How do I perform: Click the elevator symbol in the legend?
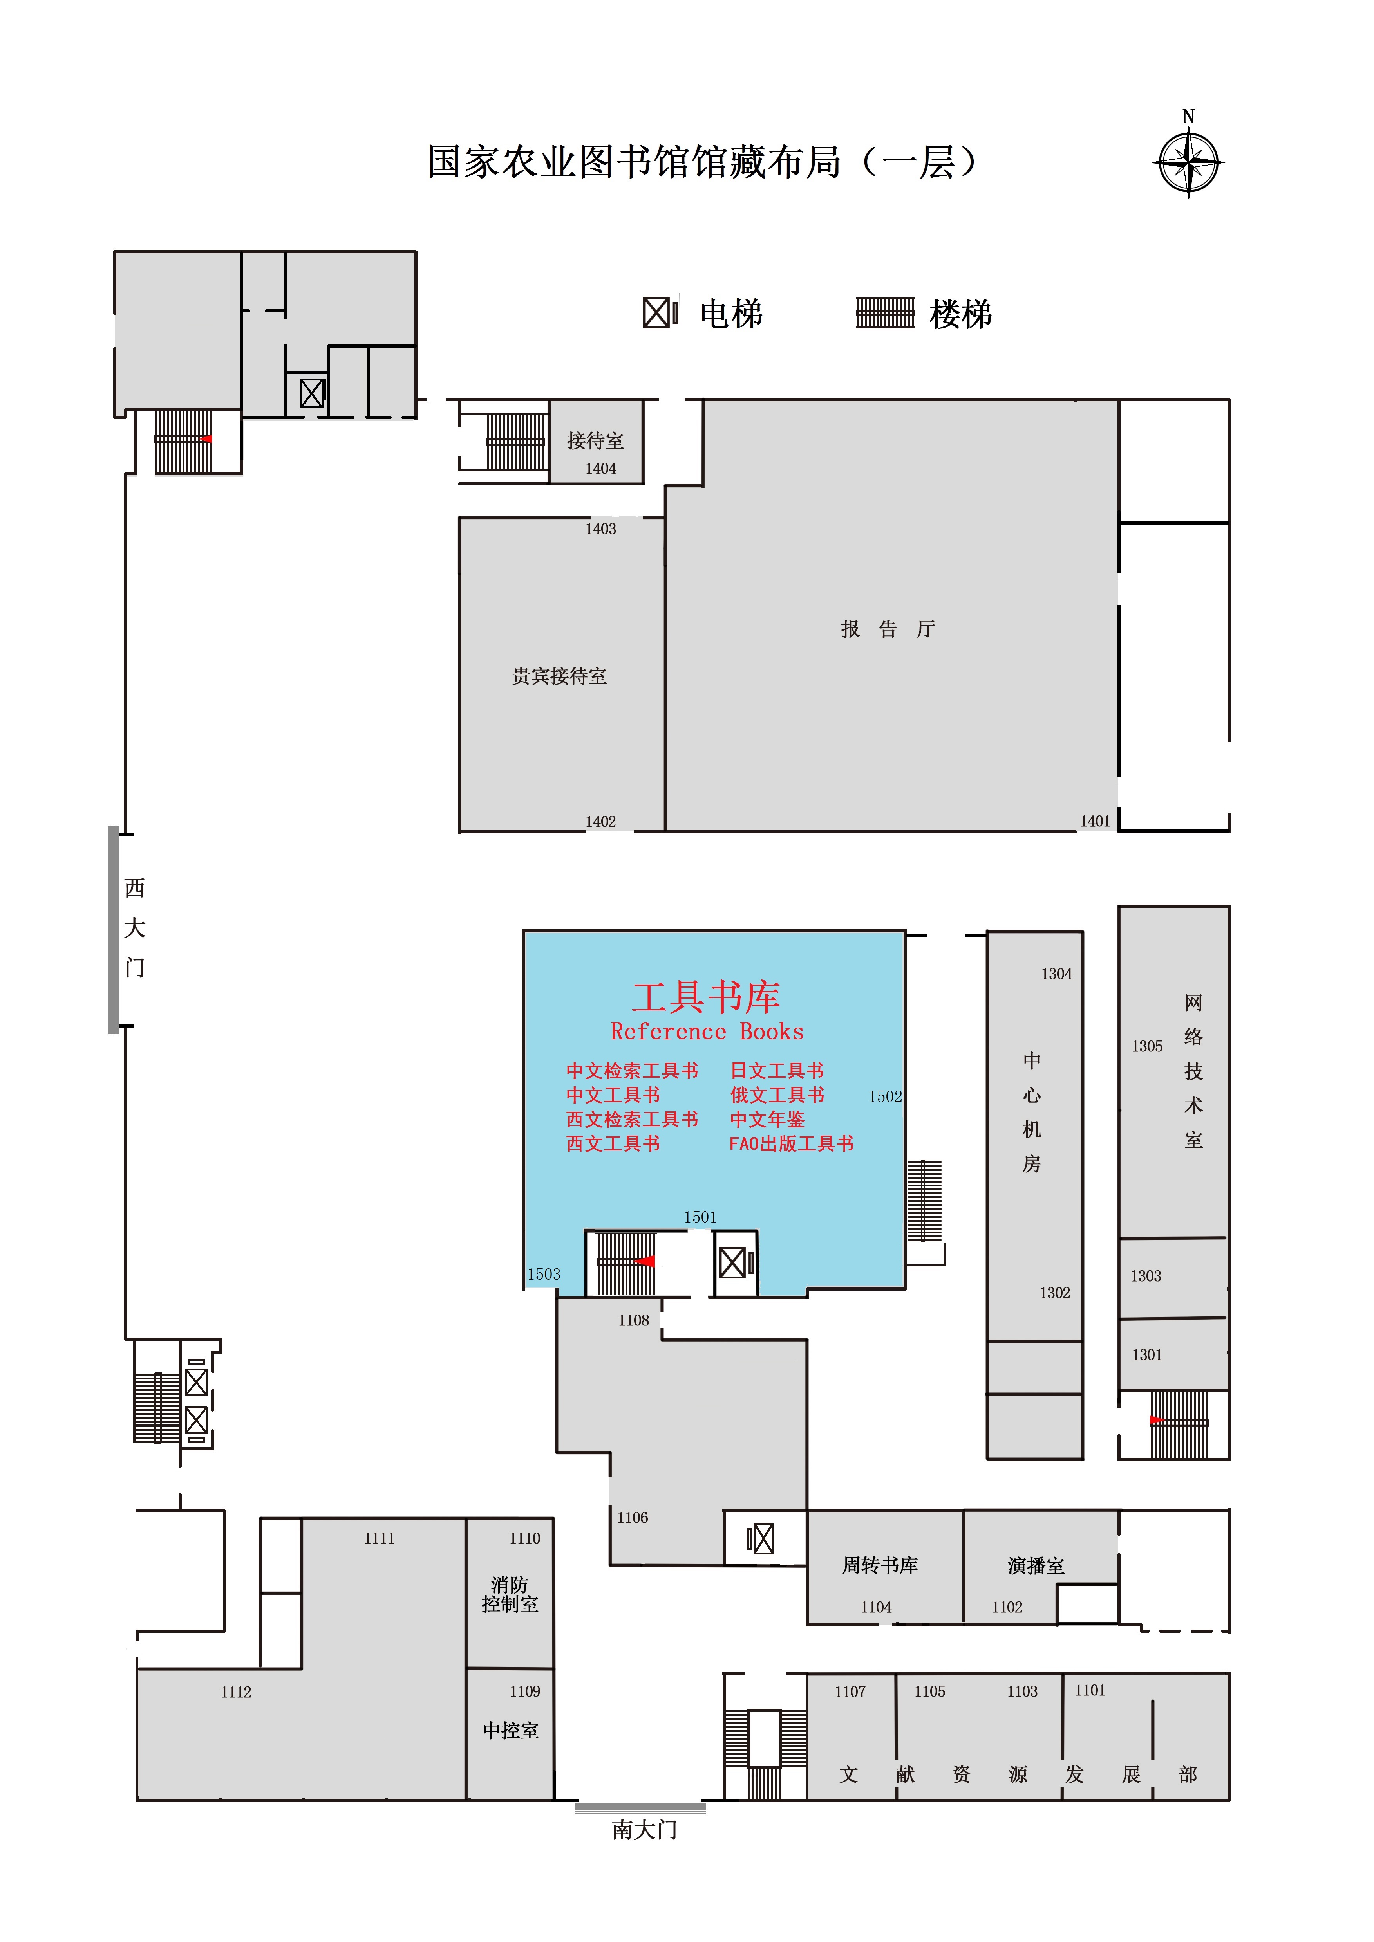coord(660,313)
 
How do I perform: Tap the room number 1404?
coord(601,469)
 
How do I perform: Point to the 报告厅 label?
coord(888,628)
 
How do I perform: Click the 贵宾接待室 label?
coord(559,676)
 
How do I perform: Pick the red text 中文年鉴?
coord(767,1119)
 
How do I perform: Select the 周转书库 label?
coord(880,1565)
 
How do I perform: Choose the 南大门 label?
coord(645,1830)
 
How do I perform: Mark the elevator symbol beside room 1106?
coord(761,1538)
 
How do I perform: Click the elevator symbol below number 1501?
coord(735,1263)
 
